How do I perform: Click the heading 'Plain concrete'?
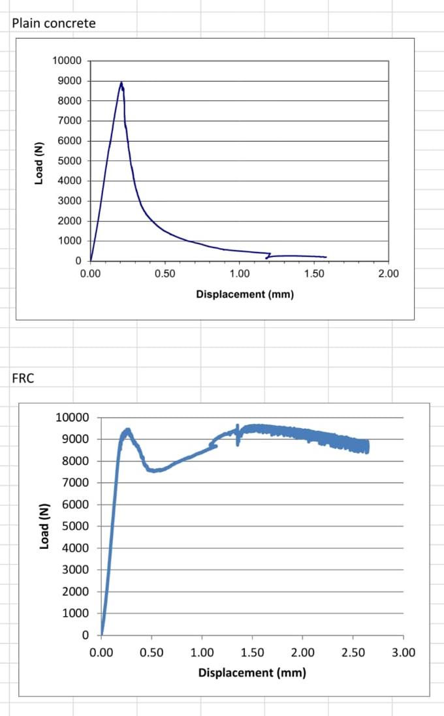54,23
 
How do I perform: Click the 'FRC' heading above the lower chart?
23,379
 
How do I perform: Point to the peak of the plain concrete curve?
121,83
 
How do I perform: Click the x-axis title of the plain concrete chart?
245,294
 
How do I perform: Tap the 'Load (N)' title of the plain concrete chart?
39,162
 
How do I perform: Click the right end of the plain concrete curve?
325,257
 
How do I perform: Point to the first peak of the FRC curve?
127,430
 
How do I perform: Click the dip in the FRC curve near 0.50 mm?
154,470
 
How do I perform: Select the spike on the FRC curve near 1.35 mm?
238,428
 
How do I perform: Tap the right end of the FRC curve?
367,446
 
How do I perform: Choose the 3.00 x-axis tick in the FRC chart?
403,651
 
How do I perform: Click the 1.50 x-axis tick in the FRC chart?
252,651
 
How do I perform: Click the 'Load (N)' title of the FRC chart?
44,527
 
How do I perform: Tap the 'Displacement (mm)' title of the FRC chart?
252,672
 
